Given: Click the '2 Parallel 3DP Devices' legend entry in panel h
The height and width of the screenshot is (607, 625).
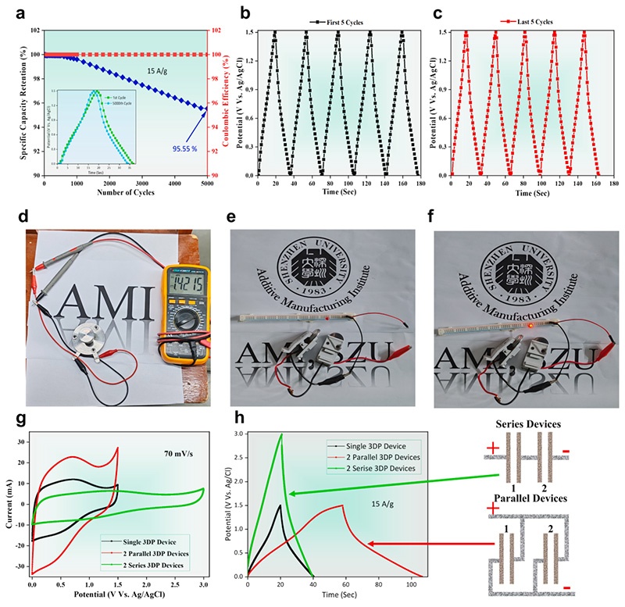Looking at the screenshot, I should click(375, 455).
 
